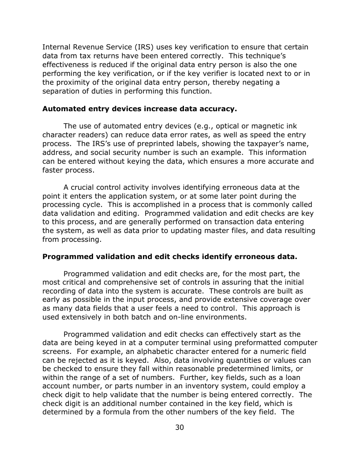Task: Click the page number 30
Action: [x=180, y=427]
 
